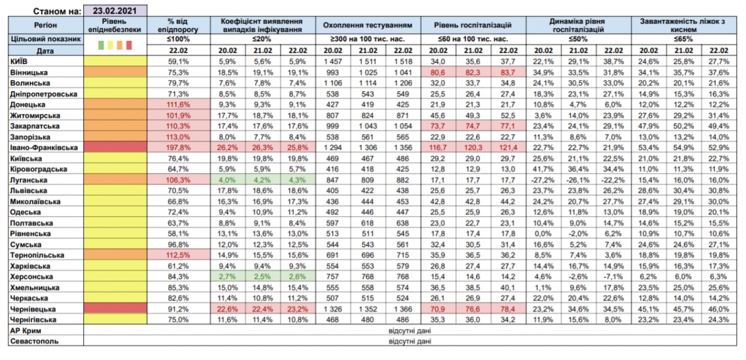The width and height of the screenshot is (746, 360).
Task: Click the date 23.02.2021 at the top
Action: (x=115, y=10)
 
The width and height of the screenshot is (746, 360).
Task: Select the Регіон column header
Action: (x=45, y=25)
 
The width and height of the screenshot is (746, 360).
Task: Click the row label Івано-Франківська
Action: (x=44, y=148)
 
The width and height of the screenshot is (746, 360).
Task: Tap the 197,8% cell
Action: (x=178, y=148)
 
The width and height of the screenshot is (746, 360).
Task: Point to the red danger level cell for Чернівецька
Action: (x=115, y=308)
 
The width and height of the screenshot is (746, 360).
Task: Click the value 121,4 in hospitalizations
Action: (x=508, y=148)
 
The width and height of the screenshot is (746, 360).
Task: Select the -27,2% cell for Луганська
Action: (x=544, y=180)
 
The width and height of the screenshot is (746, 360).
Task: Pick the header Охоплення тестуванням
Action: (x=368, y=25)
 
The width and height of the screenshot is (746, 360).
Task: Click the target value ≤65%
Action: (x=684, y=39)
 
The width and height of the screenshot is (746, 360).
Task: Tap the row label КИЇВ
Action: (x=19, y=62)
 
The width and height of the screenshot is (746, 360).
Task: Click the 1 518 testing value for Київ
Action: (x=403, y=62)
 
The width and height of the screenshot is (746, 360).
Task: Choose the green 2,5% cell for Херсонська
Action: (x=262, y=277)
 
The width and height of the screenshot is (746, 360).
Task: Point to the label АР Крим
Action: (x=26, y=331)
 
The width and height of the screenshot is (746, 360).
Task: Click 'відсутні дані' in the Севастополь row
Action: (x=410, y=341)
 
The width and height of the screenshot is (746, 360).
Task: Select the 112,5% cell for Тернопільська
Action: (x=178, y=255)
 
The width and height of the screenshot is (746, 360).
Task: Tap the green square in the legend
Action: (x=101, y=45)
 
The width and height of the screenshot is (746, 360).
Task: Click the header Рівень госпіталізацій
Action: (x=473, y=25)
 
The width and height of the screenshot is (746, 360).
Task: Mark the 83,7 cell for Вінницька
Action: (x=508, y=73)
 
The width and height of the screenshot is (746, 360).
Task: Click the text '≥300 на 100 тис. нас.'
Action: (x=368, y=39)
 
